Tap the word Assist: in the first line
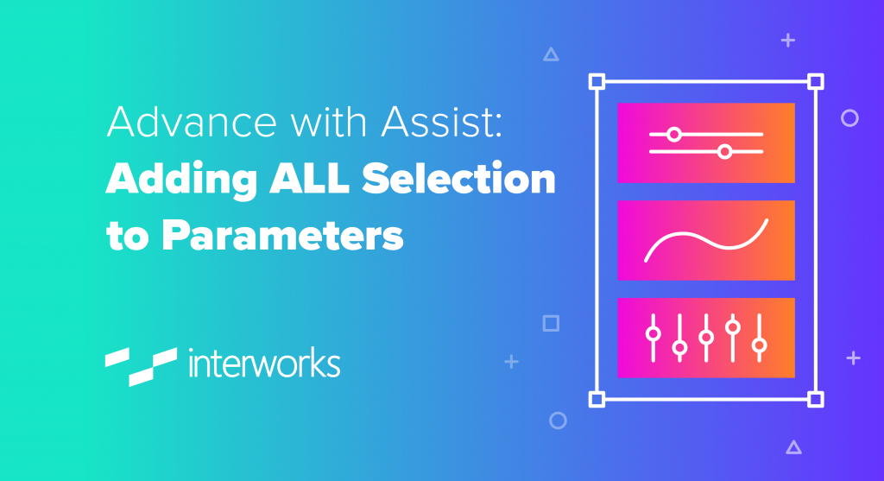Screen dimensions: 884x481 (x=441, y=121)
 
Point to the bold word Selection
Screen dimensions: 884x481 (x=458, y=178)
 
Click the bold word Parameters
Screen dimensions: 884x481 (x=282, y=235)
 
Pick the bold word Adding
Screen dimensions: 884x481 (x=181, y=180)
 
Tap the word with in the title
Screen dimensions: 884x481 (x=329, y=121)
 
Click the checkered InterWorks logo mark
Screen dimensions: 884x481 (x=141, y=366)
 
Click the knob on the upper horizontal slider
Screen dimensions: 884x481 (x=673, y=134)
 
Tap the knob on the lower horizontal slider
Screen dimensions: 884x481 (x=725, y=151)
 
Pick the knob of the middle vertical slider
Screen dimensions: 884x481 (x=706, y=337)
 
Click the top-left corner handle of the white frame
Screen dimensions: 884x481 (x=597, y=82)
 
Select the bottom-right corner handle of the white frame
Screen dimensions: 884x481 (x=815, y=399)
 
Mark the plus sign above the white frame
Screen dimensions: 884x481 (x=787, y=40)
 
